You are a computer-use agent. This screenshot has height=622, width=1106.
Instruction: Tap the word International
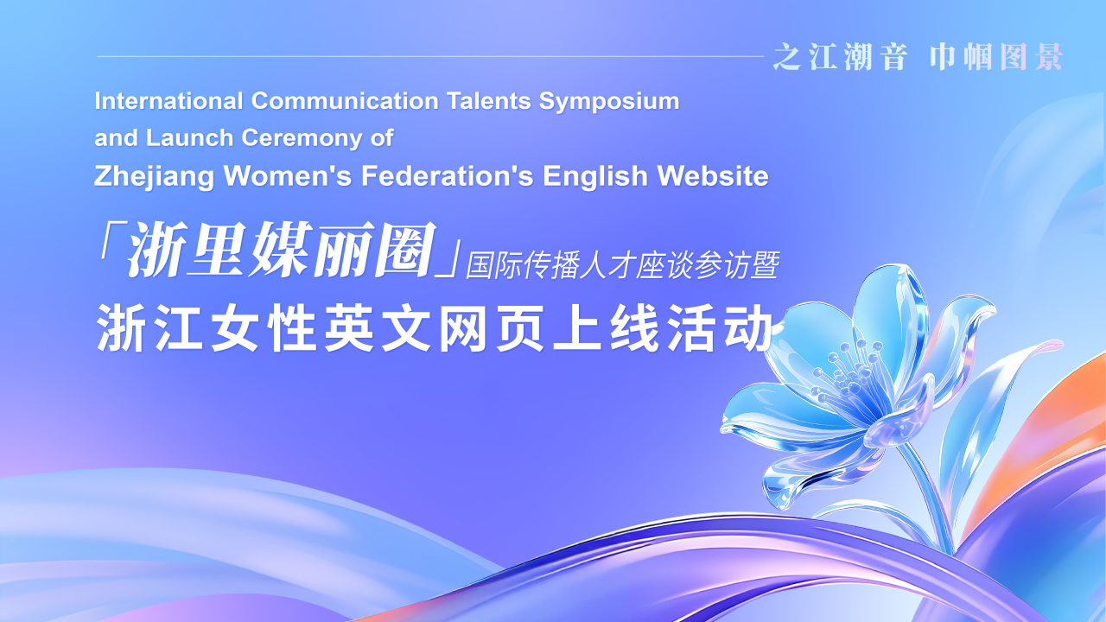[x=168, y=101]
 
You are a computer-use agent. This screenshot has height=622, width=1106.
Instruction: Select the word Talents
[x=489, y=101]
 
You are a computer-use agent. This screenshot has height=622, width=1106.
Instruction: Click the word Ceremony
[x=302, y=139]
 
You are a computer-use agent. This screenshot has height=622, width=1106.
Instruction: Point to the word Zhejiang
[x=154, y=177]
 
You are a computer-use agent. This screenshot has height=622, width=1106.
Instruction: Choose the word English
[x=595, y=177]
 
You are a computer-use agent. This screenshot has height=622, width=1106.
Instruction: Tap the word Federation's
[x=448, y=175]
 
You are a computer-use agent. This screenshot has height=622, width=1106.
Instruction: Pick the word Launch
[x=189, y=138]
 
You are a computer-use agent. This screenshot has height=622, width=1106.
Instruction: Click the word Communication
[x=345, y=101]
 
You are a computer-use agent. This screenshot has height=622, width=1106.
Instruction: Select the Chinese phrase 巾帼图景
[x=996, y=57]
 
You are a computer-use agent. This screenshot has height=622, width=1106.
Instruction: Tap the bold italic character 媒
[x=282, y=250]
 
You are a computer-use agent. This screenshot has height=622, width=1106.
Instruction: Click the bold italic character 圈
[x=405, y=250]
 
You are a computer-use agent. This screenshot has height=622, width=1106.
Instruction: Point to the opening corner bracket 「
[x=108, y=240]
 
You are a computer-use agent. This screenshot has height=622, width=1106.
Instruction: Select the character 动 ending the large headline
[x=748, y=327]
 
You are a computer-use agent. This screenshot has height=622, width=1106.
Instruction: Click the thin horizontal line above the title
[x=430, y=56]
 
